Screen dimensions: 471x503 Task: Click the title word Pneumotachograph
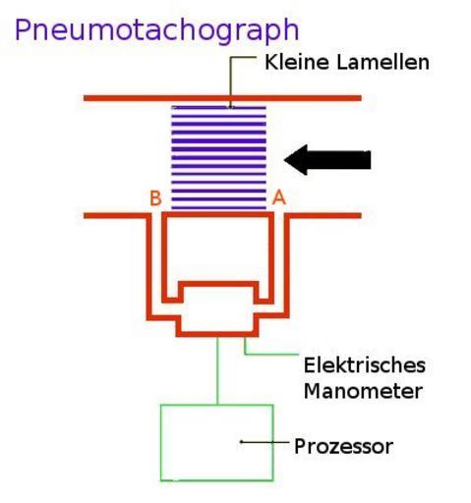coord(156,31)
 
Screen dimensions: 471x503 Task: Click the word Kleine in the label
coord(296,62)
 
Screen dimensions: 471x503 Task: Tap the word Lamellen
coord(383,62)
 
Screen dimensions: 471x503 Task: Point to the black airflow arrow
coord(327,160)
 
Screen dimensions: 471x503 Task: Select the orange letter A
coord(279,197)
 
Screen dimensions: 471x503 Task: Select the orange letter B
coord(155,198)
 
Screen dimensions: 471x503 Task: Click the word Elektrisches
coord(365,365)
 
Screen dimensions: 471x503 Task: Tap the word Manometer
coord(363,391)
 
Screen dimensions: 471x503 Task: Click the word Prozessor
coord(343,446)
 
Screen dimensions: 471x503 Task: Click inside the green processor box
coord(216,443)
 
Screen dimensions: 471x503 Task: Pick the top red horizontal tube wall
coord(222,98)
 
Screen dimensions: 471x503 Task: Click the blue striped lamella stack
coord(218,157)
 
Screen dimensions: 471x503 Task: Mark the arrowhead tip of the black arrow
coord(284,160)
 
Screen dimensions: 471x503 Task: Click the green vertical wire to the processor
coord(217,370)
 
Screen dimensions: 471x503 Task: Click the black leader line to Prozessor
coord(265,442)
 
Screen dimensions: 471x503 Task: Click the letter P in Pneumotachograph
coord(23,30)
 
